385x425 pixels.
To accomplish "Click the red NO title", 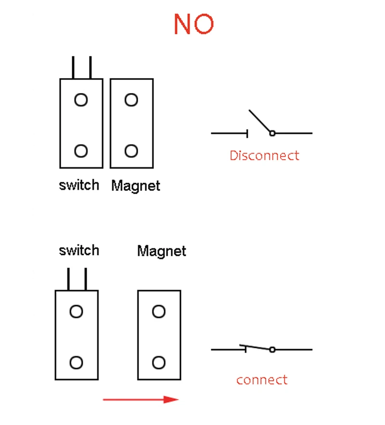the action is (193, 24).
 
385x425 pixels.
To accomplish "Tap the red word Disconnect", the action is (264, 156).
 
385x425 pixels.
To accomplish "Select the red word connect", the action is (262, 380).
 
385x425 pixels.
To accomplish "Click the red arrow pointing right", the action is (141, 399).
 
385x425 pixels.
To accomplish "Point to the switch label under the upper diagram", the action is (79, 185).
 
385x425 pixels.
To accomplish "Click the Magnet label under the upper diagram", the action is (136, 186).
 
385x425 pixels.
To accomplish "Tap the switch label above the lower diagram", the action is (79, 250).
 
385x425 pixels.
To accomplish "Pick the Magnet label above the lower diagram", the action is (162, 251).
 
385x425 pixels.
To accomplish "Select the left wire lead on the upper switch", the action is (73, 67).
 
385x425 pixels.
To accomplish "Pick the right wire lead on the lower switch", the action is (86, 279).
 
